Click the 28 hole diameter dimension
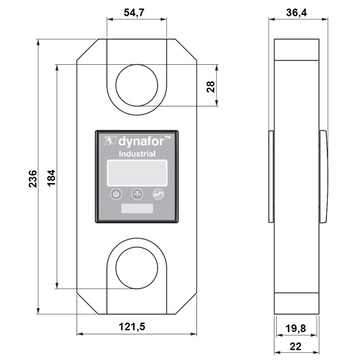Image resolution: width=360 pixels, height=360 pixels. [x=210, y=86]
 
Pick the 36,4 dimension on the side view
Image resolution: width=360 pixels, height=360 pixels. [x=297, y=13]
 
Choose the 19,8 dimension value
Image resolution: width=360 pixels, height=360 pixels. [x=296, y=329]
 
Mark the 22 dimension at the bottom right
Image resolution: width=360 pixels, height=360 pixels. [x=296, y=346]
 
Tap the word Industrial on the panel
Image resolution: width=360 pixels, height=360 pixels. [x=137, y=154]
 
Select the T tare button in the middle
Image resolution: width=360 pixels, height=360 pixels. [x=137, y=194]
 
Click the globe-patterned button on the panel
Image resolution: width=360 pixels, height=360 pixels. [x=158, y=194]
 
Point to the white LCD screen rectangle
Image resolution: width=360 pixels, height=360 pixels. [x=137, y=172]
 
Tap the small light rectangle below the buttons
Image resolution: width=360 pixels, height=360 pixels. [x=137, y=209]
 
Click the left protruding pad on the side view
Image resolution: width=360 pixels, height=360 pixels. [x=271, y=176]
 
